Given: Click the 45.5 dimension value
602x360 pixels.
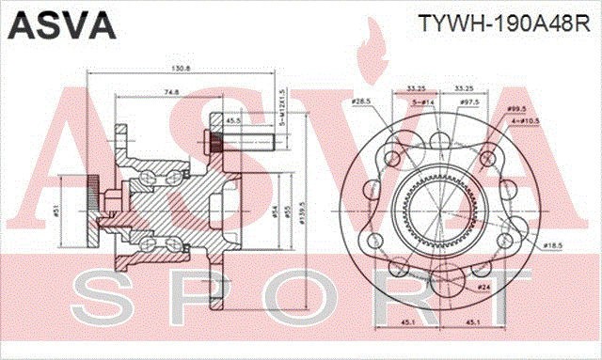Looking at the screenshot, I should coord(231,120).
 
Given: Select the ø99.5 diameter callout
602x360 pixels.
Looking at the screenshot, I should coord(544,109).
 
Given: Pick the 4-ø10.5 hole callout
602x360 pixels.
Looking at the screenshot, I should coord(547,121).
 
